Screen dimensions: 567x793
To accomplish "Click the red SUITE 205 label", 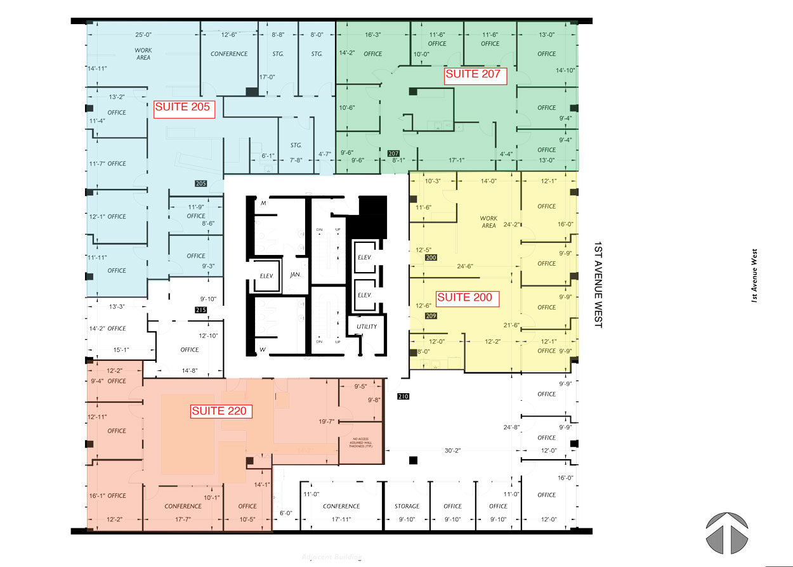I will click(182, 108).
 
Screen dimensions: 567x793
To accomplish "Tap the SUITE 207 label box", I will click(473, 75).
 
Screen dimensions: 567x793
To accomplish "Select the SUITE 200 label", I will click(464, 297).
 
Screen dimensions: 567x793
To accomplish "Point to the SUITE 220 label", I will click(219, 412).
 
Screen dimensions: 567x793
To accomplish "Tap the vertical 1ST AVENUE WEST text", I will click(598, 283).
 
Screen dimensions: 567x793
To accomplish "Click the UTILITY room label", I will click(367, 327).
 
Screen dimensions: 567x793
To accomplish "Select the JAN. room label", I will click(295, 275).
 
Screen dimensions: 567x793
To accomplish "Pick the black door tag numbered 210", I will click(403, 397).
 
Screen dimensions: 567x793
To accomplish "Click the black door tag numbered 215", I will click(201, 310).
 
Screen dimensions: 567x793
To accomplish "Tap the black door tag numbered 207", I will click(393, 153).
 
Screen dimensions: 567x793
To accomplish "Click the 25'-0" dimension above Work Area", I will click(143, 34).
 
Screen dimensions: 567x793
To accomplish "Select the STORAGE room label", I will click(407, 506).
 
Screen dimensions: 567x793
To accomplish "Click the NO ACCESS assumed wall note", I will click(361, 443).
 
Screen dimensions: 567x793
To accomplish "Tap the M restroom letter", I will click(263, 204).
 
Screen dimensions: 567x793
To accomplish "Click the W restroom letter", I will click(262, 349).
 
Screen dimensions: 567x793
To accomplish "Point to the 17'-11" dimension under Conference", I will click(341, 519).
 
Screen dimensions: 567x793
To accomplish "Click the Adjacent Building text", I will click(332, 557).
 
